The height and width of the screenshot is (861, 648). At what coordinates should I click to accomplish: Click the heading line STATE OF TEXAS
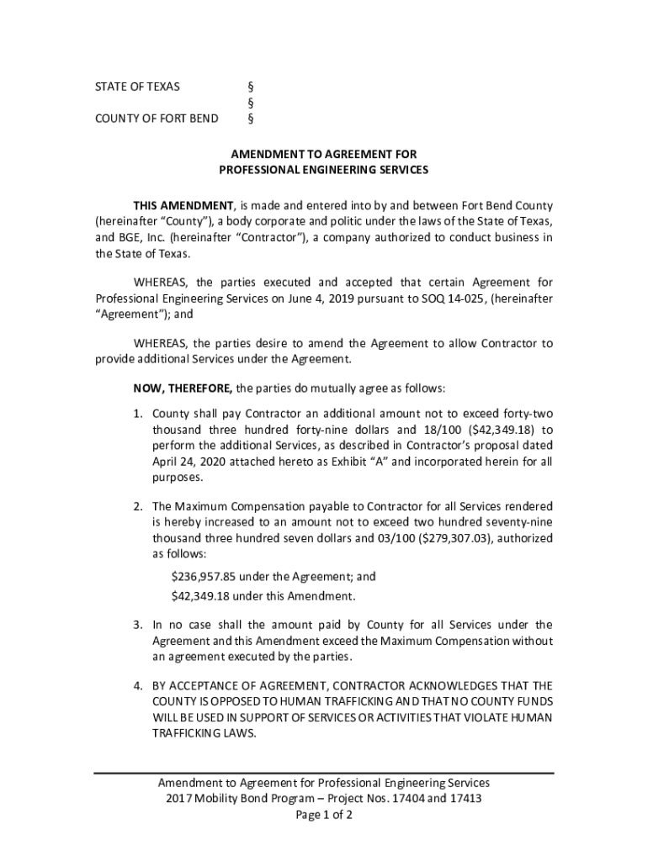coord(136,87)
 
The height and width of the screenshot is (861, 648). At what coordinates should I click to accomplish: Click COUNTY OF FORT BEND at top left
coord(157,119)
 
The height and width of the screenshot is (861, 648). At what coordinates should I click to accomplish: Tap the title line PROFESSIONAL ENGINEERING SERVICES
coord(324,170)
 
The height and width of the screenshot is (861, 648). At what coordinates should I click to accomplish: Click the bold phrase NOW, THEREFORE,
coord(183,388)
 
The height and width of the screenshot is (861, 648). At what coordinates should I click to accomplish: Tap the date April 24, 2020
coord(191,462)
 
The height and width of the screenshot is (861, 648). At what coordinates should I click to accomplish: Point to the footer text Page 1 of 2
coord(324,816)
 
